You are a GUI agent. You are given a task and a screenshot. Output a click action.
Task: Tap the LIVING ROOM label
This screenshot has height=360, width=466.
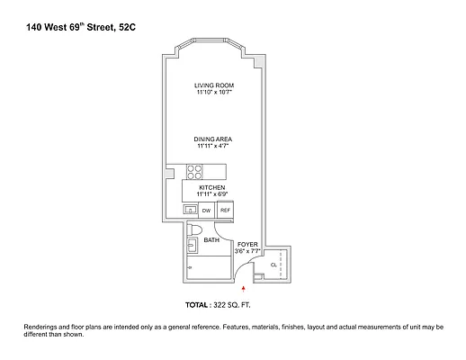click(213, 85)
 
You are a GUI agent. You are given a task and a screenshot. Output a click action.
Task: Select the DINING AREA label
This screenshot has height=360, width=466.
click(213, 139)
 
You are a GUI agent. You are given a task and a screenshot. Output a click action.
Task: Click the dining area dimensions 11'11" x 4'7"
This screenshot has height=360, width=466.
click(213, 146)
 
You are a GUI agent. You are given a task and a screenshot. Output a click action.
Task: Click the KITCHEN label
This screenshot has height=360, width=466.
click(212, 187)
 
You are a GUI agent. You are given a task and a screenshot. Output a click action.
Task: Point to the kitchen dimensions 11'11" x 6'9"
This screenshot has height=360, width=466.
click(212, 193)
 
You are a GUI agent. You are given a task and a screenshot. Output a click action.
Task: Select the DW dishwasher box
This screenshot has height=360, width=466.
click(207, 210)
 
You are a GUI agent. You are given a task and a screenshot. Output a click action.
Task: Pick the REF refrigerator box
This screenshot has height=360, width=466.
click(225, 210)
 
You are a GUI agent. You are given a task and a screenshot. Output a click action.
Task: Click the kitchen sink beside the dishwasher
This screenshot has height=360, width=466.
click(190, 210)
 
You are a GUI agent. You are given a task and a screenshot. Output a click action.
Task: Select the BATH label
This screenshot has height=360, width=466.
click(211, 240)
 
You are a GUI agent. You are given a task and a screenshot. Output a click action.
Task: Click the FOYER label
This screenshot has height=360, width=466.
click(247, 244)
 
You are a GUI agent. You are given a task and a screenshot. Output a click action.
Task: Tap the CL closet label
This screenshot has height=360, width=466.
click(273, 265)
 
